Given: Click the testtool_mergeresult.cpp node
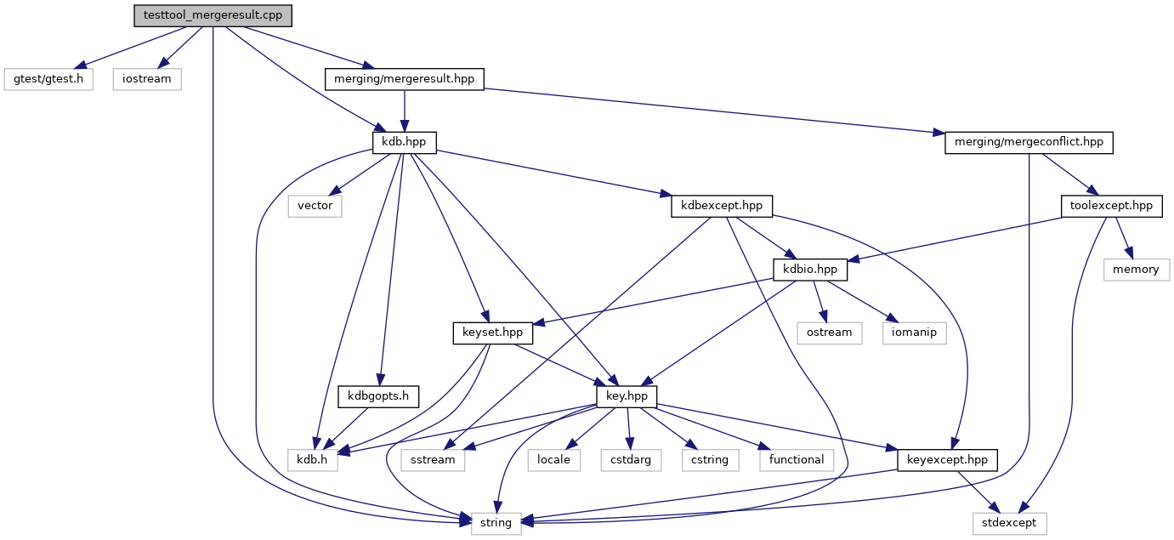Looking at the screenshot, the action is pyautogui.click(x=213, y=15).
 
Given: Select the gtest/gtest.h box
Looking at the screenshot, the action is pyautogui.click(x=48, y=79).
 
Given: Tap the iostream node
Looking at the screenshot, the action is pyautogui.click(x=147, y=79).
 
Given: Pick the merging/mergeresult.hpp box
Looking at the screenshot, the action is pyautogui.click(x=404, y=79).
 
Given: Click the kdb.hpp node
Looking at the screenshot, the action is pyautogui.click(x=404, y=143).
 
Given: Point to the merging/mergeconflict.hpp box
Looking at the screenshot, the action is pyautogui.click(x=1029, y=143).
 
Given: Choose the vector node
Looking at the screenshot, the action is pyautogui.click(x=315, y=206).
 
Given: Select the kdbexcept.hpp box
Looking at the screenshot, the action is pyautogui.click(x=722, y=206).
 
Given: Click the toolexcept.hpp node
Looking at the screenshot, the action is pyautogui.click(x=1112, y=206).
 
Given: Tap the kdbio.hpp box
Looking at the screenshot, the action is pyautogui.click(x=810, y=270).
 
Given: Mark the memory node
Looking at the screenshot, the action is pyautogui.click(x=1137, y=270).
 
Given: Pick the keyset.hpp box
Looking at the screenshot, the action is pyautogui.click(x=493, y=333).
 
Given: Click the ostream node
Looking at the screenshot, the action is pyautogui.click(x=829, y=333).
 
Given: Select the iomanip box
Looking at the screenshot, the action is pyautogui.click(x=915, y=333).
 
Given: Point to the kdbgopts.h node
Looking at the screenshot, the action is pyautogui.click(x=378, y=396).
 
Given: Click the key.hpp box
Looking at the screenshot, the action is pyautogui.click(x=627, y=396).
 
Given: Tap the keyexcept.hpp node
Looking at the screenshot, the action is pyautogui.click(x=947, y=460).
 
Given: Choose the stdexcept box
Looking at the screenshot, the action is pyautogui.click(x=1009, y=524).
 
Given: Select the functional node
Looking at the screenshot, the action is pyautogui.click(x=797, y=460).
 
